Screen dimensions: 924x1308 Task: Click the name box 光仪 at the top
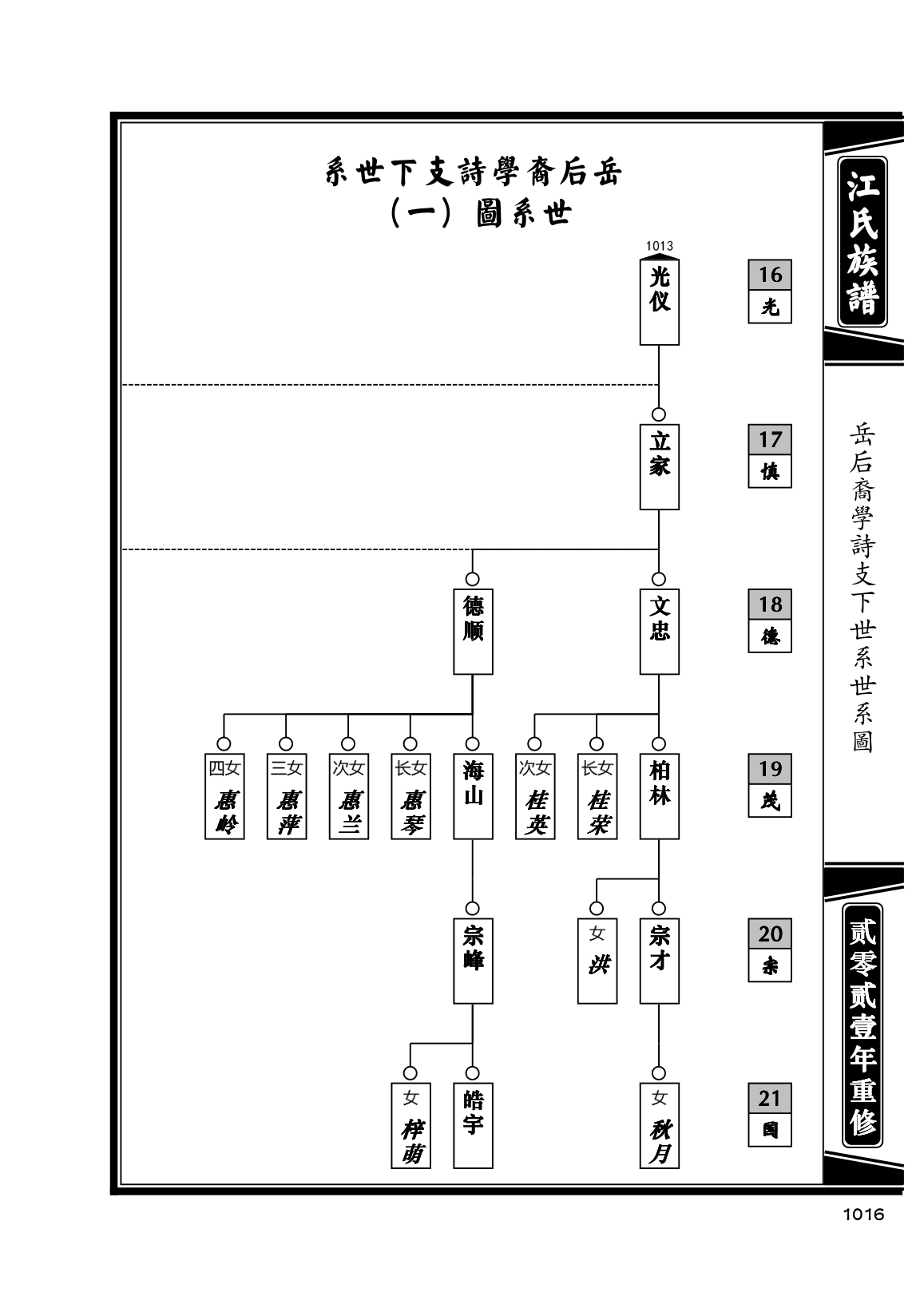[659, 301]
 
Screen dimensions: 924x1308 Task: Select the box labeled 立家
[659, 466]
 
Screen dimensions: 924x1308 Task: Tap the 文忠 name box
[659, 631]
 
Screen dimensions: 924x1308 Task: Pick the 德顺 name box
[473, 631]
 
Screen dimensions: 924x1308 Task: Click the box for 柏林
[659, 796]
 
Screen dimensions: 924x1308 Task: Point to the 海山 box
[473, 796]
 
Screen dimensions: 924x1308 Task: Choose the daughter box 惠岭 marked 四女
[224, 796]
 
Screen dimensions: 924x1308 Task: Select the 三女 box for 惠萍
[286, 796]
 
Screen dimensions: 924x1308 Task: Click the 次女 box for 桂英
[535, 796]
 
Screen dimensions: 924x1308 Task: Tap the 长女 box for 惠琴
[410, 796]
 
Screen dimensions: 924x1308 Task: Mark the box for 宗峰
[473, 961]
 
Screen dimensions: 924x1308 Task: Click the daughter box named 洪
[597, 961]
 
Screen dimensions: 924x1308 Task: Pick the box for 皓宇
[473, 1125]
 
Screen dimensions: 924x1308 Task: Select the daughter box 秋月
[659, 1125]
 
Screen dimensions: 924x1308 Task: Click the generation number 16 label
[770, 275]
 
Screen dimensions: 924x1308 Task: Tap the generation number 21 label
[770, 1098]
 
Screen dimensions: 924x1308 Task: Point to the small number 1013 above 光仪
[659, 247]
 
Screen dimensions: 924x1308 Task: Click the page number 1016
[863, 1215]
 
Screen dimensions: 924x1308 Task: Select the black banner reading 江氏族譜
[863, 242]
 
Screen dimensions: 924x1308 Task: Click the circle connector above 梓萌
[410, 1073]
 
